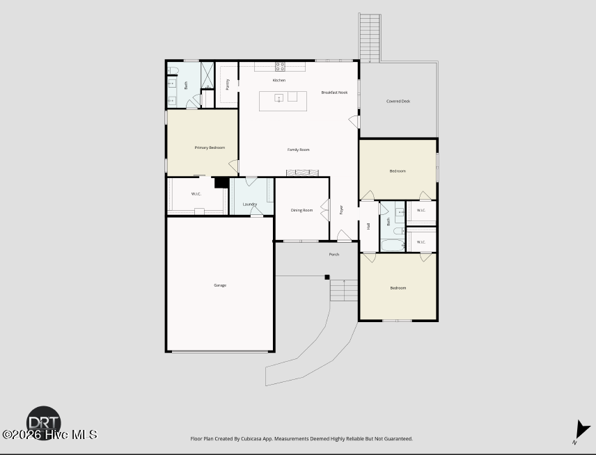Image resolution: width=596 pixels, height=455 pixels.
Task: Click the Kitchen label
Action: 279,80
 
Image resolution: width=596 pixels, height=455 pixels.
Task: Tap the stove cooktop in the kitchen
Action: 280,67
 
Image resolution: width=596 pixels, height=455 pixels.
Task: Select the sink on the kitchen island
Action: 279,98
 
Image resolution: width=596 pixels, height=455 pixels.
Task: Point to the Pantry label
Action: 227,84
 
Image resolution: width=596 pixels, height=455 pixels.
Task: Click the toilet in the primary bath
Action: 173,70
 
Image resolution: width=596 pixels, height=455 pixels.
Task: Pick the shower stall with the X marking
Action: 207,75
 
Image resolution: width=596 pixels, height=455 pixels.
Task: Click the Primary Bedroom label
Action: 210,147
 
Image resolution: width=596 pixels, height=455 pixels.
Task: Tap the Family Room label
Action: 299,150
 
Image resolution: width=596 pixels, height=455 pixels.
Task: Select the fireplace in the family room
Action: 303,173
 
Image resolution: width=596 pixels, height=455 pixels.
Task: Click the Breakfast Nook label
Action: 334,93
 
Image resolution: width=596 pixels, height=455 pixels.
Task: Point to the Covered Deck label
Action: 398,102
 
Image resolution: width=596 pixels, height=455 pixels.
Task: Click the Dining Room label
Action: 301,210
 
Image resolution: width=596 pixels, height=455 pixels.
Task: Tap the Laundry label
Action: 250,204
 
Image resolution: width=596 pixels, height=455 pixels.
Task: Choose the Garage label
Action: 220,285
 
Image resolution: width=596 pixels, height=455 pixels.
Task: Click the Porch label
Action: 334,255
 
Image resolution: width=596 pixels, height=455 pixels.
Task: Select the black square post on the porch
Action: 327,278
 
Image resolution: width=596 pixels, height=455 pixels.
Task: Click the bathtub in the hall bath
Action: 393,245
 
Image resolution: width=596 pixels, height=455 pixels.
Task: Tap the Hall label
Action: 368,226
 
